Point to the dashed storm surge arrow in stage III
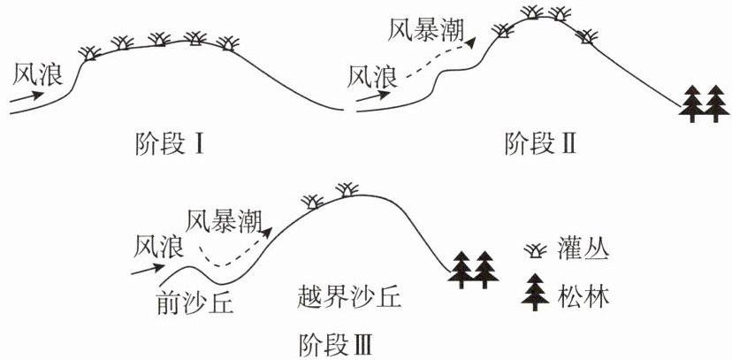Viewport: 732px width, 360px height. [234, 252]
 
